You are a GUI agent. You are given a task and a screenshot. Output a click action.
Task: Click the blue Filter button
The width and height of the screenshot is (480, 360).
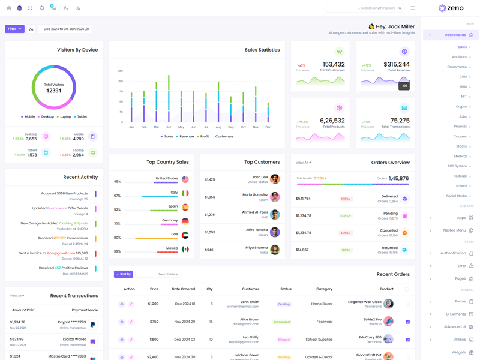(14, 29)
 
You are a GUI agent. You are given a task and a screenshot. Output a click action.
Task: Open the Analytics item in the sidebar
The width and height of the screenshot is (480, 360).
(460, 57)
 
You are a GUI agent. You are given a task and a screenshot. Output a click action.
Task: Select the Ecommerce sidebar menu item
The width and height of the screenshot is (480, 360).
(457, 67)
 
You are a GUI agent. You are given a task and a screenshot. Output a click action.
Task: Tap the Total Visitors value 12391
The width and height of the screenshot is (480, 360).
(54, 91)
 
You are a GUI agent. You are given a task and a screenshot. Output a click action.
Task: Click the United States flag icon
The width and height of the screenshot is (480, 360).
(185, 179)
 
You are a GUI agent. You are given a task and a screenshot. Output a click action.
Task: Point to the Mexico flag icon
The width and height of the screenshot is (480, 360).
(185, 249)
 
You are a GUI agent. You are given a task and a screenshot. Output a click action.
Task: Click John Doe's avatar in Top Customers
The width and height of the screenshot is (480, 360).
(275, 179)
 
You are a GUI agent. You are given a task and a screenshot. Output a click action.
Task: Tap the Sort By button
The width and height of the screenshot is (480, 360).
(124, 274)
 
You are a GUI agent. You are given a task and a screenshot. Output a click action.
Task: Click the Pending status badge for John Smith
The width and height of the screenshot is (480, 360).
(284, 304)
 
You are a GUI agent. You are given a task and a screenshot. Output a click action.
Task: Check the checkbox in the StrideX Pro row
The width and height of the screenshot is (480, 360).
(407, 322)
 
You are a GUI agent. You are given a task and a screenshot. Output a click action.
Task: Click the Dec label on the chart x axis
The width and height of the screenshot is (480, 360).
(268, 127)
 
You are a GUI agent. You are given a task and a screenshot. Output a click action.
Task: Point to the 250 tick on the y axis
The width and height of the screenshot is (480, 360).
(121, 71)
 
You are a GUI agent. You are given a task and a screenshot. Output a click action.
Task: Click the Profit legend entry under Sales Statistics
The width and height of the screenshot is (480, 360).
(203, 136)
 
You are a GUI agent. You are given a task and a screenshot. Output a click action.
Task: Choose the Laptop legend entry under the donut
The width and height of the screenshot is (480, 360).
(64, 117)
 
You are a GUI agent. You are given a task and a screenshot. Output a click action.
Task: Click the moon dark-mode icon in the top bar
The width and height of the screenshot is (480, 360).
(66, 8)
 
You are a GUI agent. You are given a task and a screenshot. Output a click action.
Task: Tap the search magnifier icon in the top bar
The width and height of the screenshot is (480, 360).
(400, 8)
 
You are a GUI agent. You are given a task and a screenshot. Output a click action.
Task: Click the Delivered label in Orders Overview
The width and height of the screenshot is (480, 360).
(389, 196)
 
